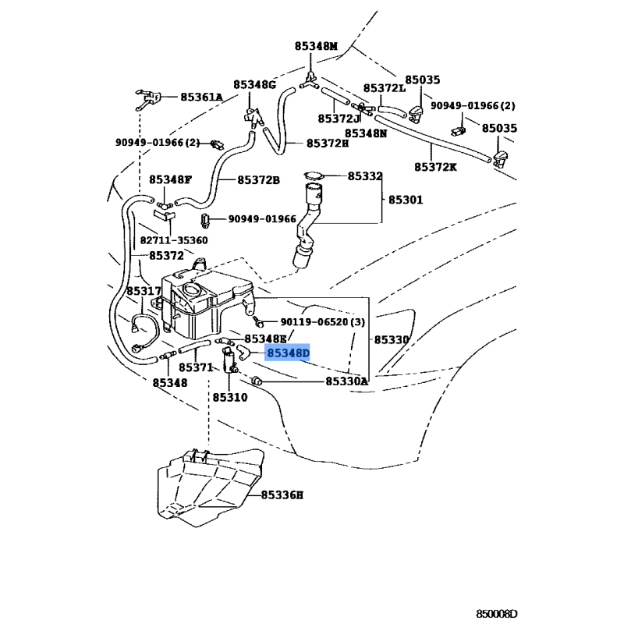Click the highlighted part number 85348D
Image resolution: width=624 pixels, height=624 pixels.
(288, 353)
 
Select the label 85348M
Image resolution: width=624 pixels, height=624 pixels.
(316, 46)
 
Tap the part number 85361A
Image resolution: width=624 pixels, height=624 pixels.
(201, 97)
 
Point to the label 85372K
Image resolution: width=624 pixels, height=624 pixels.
(435, 167)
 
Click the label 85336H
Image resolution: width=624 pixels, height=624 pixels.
(282, 495)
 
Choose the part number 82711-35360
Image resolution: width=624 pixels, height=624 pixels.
(173, 240)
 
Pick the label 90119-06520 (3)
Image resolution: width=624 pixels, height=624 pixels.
(322, 321)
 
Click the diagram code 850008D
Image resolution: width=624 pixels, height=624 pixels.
(497, 614)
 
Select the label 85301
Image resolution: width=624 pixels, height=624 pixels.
(406, 200)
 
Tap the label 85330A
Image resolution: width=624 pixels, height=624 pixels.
(346, 381)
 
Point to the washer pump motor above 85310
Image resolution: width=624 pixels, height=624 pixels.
(229, 360)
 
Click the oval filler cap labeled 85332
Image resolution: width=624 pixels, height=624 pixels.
(314, 176)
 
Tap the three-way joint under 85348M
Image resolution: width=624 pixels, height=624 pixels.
(309, 81)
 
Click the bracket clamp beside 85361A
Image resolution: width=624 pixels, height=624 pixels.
(148, 99)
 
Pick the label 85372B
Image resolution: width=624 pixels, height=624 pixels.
(259, 180)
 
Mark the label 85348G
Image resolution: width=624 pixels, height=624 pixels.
(255, 85)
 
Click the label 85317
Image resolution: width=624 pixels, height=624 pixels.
(144, 291)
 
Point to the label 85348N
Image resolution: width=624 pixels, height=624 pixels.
(366, 133)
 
